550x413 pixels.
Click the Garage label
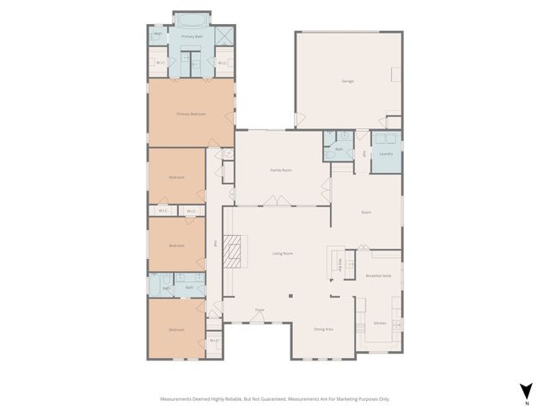click(348, 81)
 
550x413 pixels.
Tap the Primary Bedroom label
click(190, 114)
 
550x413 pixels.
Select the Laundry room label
click(386, 154)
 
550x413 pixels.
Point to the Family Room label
click(281, 170)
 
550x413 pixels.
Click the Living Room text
click(284, 253)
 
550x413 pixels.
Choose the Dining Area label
click(323, 330)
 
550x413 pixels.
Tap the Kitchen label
click(380, 324)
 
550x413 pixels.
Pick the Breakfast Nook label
click(378, 275)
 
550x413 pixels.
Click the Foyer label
click(259, 310)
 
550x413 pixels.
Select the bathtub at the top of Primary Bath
click(192, 19)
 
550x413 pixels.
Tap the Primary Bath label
click(192, 37)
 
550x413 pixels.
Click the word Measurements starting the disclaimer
click(178, 399)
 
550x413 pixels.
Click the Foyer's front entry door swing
click(258, 317)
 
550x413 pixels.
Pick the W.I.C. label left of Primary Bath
click(160, 63)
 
